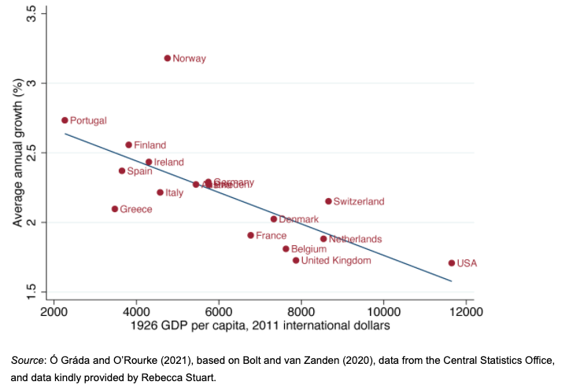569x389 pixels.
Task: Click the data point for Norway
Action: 167,58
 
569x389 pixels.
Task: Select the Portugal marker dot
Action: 65,120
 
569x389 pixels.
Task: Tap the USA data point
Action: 452,263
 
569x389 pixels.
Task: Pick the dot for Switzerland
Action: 328,201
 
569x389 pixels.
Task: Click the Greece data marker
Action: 114,209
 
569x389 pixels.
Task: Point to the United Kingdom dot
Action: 296,260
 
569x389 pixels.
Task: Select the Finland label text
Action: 150,145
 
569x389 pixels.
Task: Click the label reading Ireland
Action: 168,163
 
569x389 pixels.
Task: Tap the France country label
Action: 271,236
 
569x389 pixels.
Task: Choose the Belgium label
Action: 309,249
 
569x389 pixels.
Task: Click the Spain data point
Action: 122,171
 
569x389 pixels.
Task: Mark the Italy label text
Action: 174,193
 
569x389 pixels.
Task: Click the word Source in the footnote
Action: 29,360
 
